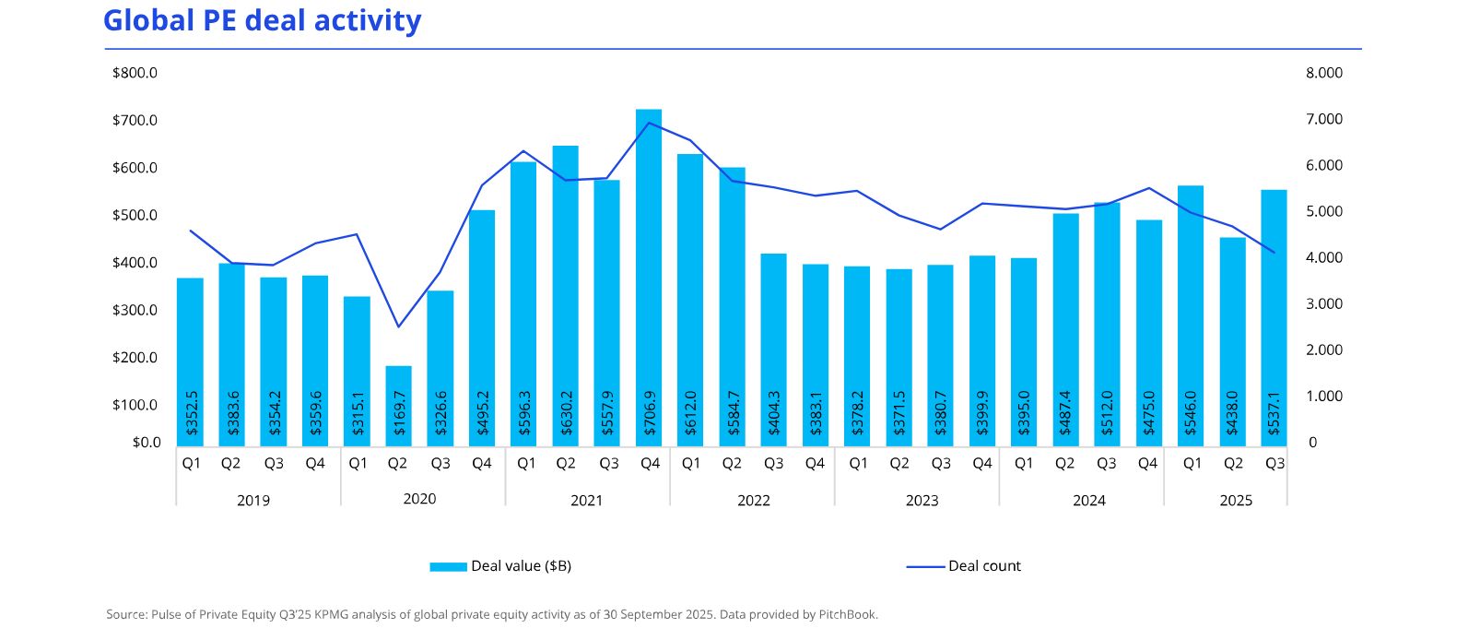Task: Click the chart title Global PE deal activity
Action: (262, 20)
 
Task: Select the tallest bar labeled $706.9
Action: (649, 277)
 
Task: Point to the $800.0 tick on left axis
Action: (135, 73)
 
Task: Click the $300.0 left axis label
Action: (135, 310)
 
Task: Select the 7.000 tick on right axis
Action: (1324, 119)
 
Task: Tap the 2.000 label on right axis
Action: (1324, 350)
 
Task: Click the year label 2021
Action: (586, 500)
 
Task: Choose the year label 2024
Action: (1089, 500)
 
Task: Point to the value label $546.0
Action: (1191, 412)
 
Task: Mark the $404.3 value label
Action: (774, 412)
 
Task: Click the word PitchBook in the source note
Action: (848, 614)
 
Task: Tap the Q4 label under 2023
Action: (982, 463)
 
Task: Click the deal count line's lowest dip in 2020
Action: (398, 326)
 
